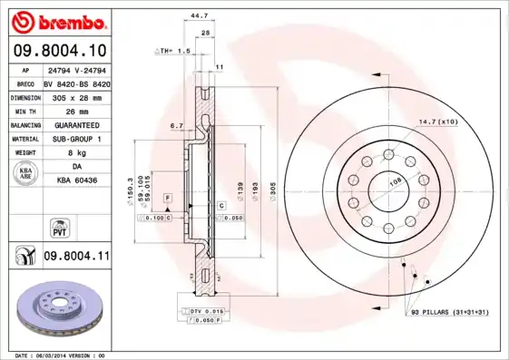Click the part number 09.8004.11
click(76, 258)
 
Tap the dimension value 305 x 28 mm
click(76, 96)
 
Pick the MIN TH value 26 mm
click(76, 110)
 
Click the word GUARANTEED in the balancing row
click(76, 124)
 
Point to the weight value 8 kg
click(76, 152)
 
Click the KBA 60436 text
click(76, 180)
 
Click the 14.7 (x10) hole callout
click(438, 121)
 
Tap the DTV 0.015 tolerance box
click(207, 311)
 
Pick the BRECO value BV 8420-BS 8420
click(76, 82)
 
